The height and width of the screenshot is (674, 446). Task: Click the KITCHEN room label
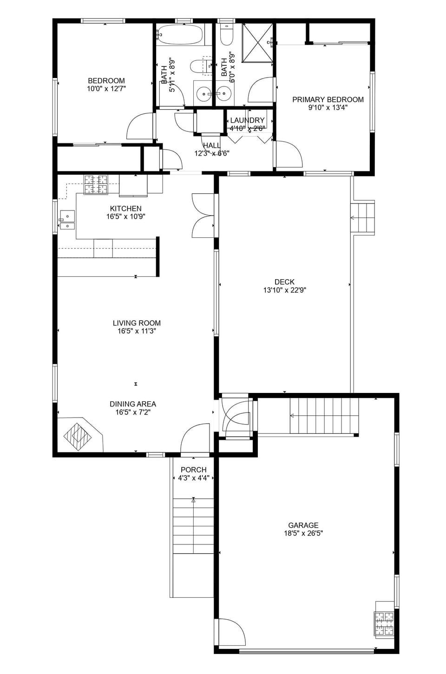[125, 209]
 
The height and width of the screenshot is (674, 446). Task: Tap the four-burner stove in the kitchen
[95, 184]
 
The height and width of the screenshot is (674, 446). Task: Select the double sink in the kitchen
[67, 221]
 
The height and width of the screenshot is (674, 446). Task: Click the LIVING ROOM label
[137, 323]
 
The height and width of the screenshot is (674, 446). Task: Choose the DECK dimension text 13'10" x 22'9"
[284, 290]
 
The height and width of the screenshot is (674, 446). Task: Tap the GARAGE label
[303, 525]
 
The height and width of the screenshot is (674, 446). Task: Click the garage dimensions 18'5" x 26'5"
[303, 533]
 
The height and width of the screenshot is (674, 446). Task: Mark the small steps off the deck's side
[362, 218]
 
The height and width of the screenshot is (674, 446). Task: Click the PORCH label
[193, 470]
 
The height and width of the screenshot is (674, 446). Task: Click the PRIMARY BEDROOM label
[328, 99]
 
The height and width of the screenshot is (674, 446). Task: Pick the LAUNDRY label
[247, 120]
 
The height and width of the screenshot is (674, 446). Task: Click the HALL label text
[211, 145]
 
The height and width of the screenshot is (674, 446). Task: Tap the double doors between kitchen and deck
[203, 216]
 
